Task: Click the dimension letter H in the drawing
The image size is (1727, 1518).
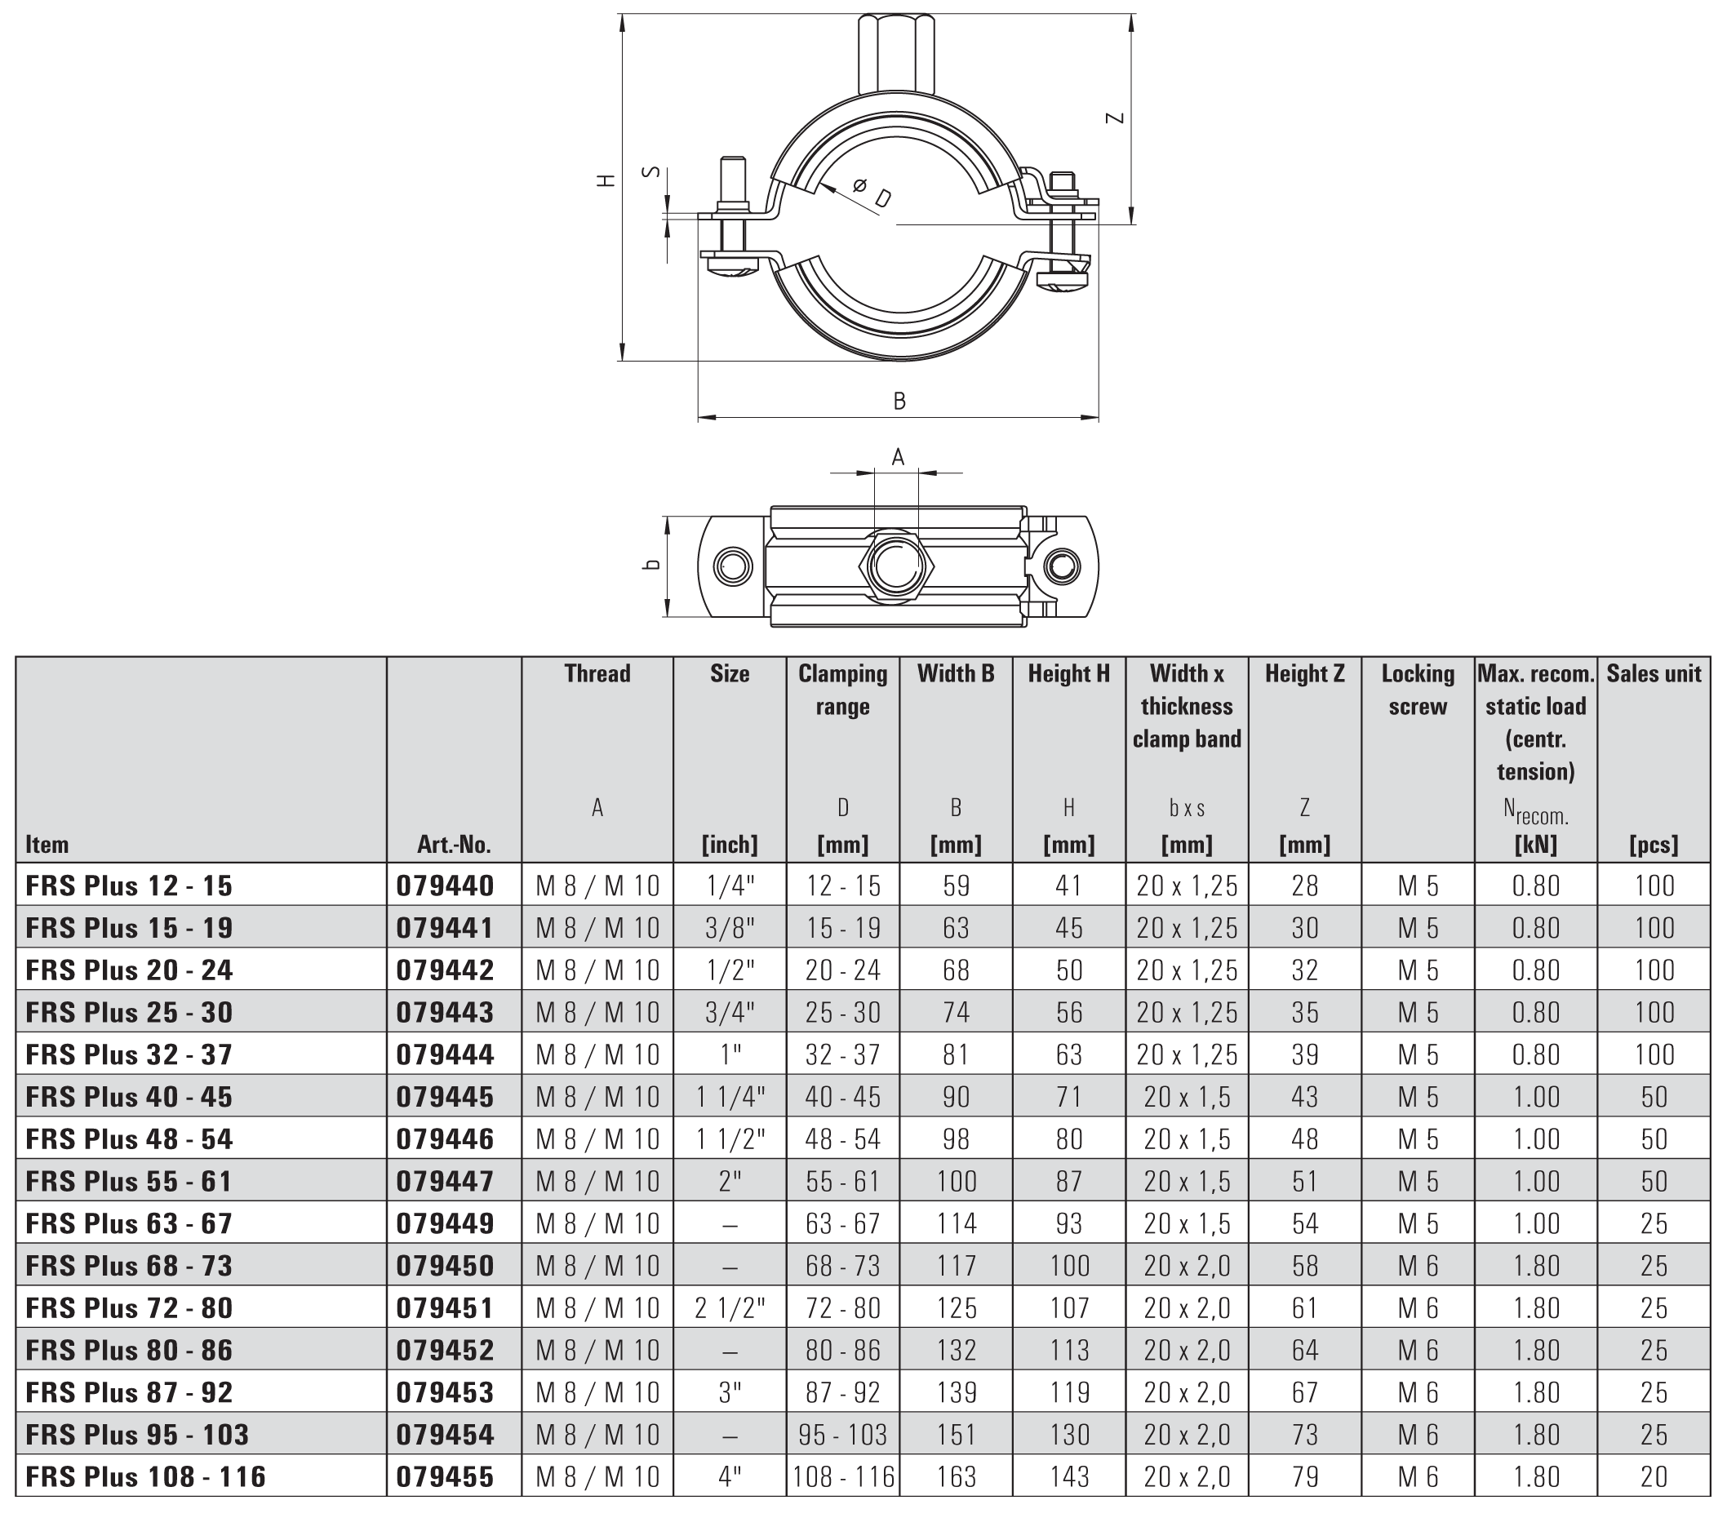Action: (606, 180)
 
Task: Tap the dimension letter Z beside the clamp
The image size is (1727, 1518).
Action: (1117, 118)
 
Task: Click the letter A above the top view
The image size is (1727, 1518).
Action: (898, 457)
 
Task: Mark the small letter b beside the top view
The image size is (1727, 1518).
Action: (650, 563)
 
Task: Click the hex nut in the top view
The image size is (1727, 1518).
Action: (896, 566)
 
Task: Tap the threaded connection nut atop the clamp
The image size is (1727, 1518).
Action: (897, 53)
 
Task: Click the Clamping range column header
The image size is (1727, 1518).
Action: (842, 690)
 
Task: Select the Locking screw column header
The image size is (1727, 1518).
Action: (1418, 690)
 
